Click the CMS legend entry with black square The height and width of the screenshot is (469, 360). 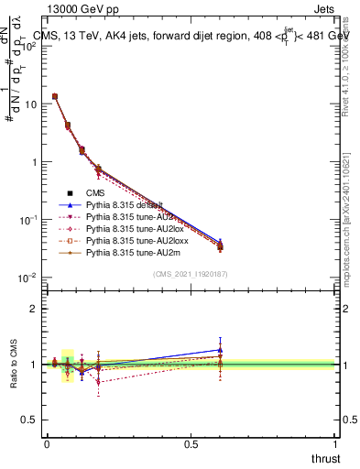pos(97,193)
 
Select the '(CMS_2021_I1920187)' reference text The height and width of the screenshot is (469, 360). pos(191,274)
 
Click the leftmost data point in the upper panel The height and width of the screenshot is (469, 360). pos(55,96)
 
